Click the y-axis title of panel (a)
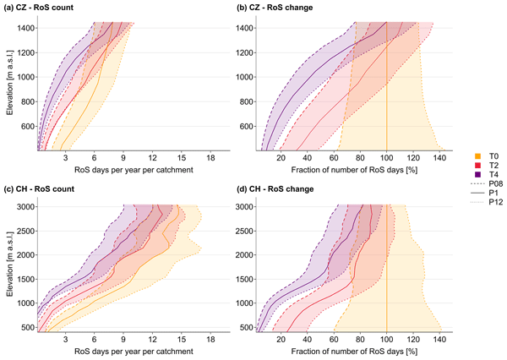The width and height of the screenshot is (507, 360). [6, 85]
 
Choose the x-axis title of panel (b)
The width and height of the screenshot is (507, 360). [356, 170]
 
